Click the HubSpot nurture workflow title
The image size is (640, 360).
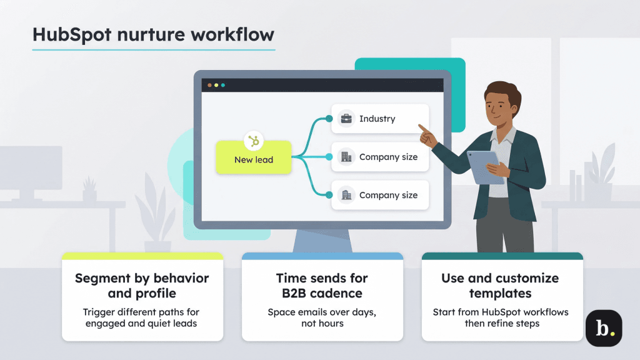[x=153, y=34]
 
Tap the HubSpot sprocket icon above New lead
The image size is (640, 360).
[x=254, y=141]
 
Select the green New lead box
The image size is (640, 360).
[x=254, y=159]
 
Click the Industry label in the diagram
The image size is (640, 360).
[x=377, y=119]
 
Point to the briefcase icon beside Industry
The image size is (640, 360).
[x=346, y=119]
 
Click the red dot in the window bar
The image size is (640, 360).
[x=209, y=85]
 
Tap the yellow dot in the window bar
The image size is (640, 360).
[x=216, y=85]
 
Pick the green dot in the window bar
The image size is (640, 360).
[x=223, y=85]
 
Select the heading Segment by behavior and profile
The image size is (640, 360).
[x=142, y=286]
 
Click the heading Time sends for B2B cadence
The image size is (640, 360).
[x=322, y=286]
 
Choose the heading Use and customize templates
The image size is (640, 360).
[x=500, y=286]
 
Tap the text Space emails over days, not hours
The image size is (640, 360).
[x=322, y=317]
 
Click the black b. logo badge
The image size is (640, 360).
[x=603, y=328]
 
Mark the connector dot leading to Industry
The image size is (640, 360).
[x=329, y=119]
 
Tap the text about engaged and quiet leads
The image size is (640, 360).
[x=142, y=317]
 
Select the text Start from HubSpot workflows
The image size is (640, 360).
[x=500, y=312]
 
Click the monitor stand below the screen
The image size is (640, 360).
[x=321, y=241]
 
